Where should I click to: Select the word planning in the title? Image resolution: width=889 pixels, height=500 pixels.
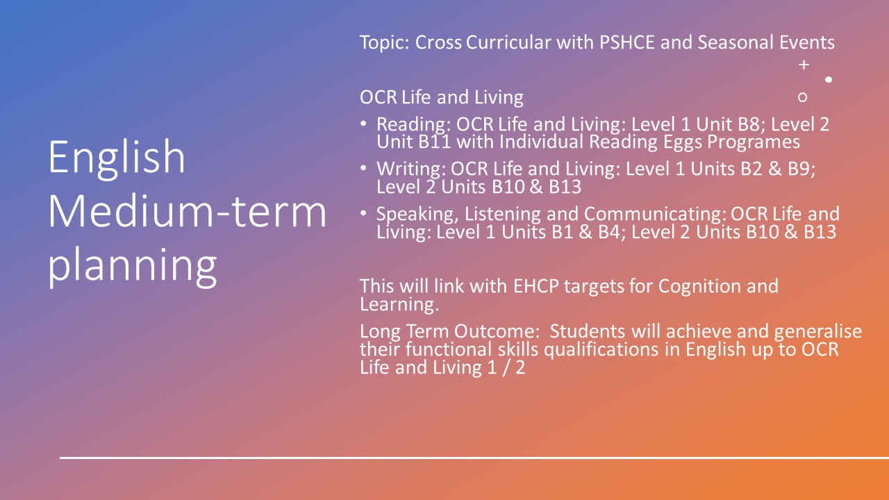tap(133, 267)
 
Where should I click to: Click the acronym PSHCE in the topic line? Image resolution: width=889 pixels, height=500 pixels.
tap(627, 42)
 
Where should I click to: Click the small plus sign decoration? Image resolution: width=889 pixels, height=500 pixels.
tap(804, 65)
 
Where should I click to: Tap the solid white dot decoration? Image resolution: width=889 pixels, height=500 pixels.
tap(829, 80)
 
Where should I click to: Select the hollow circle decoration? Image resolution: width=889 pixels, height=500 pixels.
tap(802, 97)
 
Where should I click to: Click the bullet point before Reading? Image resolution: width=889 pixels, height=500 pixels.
tap(363, 124)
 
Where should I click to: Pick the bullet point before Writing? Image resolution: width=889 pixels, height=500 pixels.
tap(363, 168)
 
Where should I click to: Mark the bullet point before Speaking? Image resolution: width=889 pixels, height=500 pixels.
tap(363, 213)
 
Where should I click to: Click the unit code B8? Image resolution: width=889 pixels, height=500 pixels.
tap(751, 124)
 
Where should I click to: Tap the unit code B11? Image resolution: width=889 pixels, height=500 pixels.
tap(435, 142)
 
